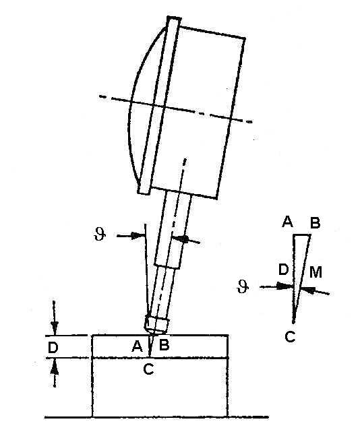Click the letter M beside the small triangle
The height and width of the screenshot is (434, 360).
click(316, 272)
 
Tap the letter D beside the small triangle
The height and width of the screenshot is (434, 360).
click(284, 270)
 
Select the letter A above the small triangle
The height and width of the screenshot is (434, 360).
click(287, 222)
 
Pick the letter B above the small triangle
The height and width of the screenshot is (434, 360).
click(315, 222)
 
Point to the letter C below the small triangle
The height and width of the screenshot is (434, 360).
click(290, 336)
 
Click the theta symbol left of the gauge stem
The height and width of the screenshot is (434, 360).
click(100, 235)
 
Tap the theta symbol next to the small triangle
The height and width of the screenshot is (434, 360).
click(243, 286)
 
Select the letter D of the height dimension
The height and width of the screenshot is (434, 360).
click(53, 347)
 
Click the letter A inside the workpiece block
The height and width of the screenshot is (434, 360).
click(137, 346)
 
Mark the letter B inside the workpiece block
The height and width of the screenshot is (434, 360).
click(164, 345)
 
